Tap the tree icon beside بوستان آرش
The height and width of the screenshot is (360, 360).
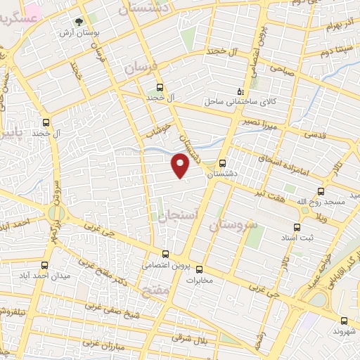[78, 22]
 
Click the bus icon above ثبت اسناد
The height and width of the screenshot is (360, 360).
[296, 227]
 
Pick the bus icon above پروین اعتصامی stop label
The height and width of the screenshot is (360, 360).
[166, 255]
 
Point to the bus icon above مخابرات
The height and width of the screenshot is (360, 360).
[199, 269]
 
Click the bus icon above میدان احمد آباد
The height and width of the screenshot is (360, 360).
[45, 265]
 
